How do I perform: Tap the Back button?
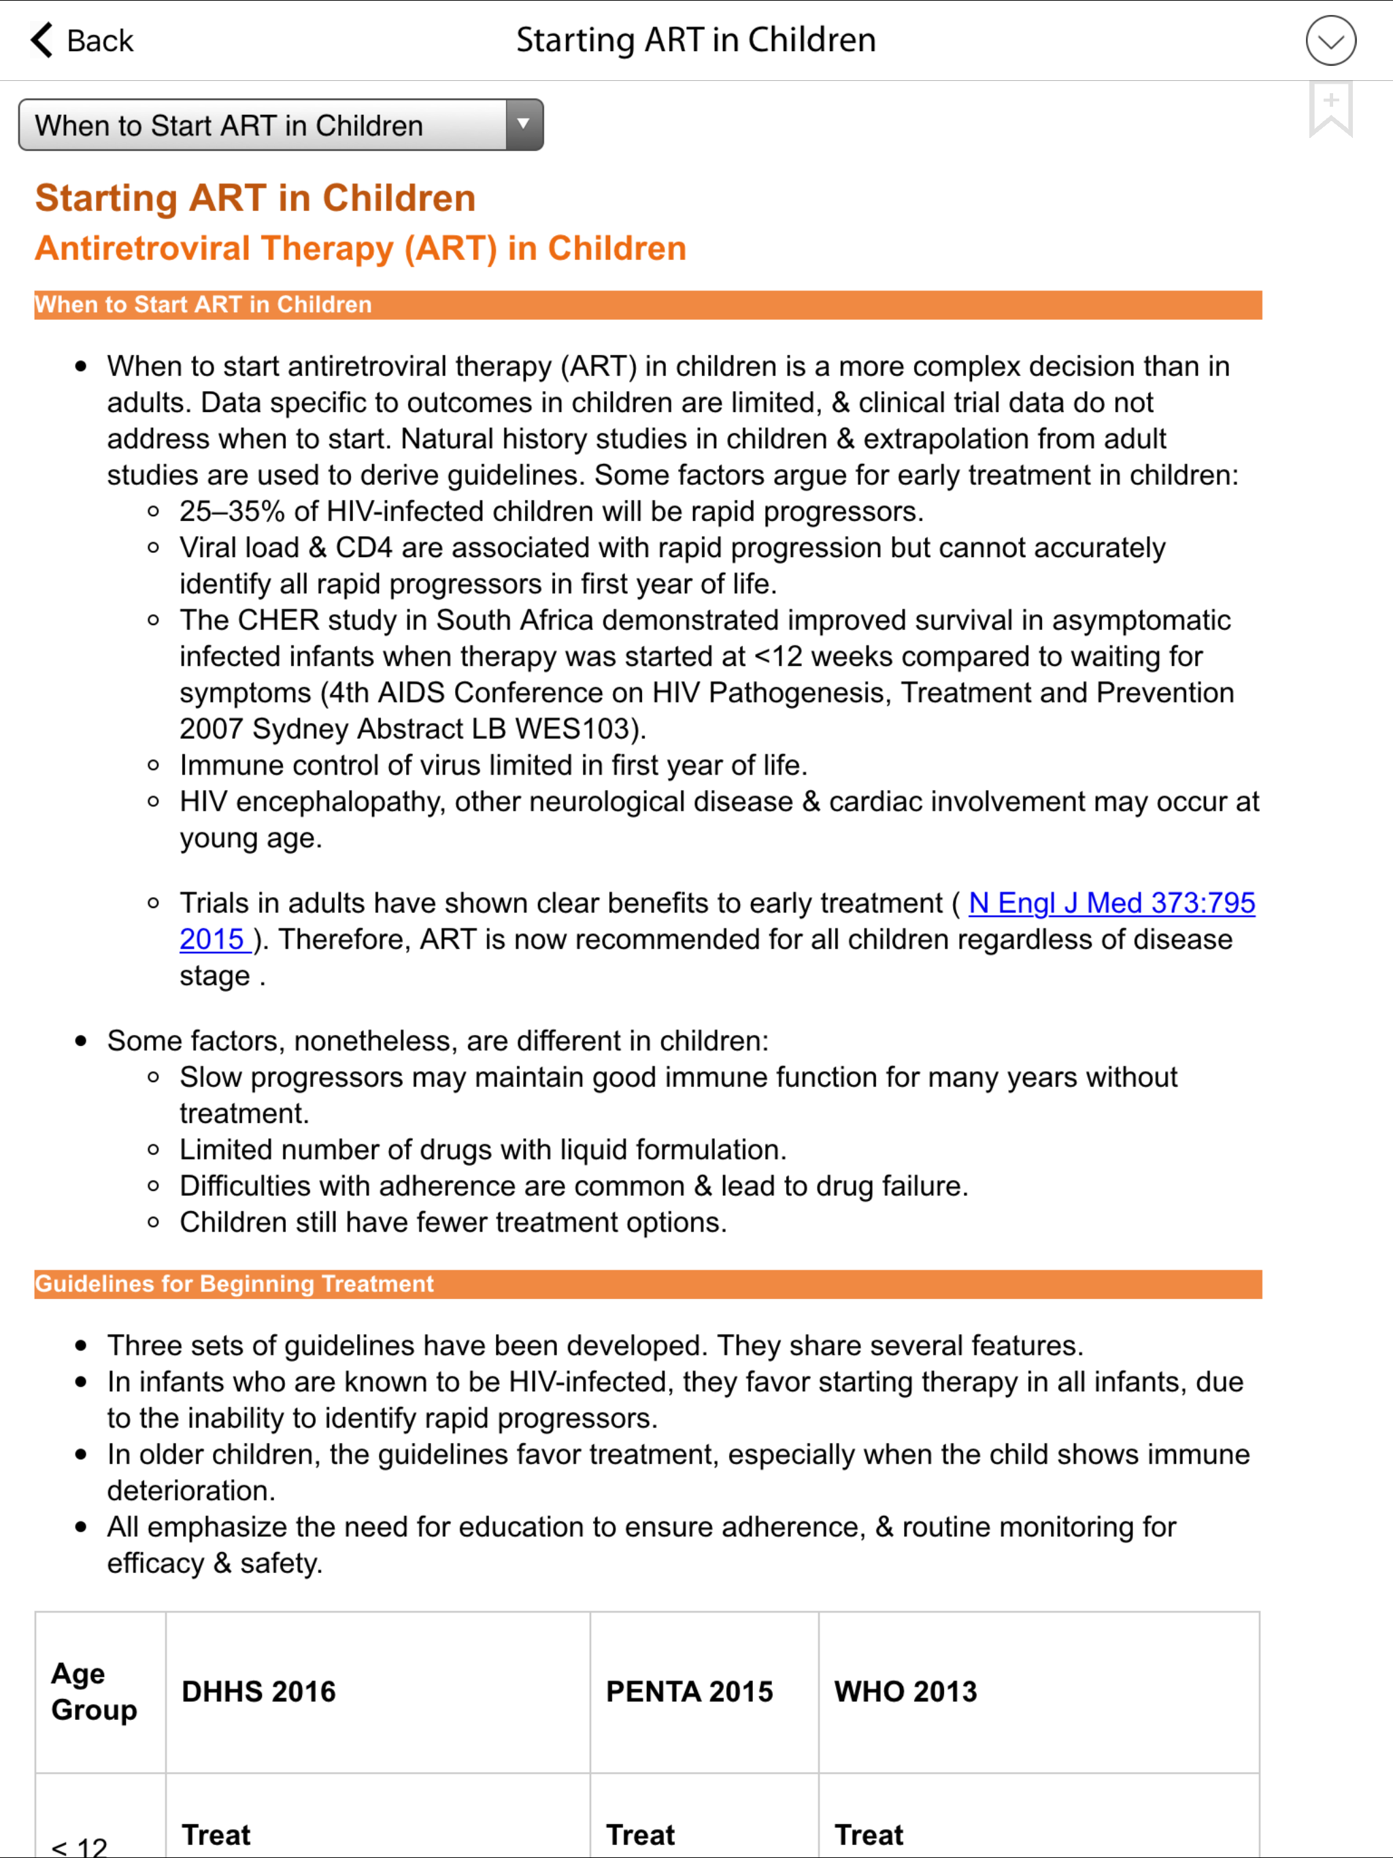(x=82, y=40)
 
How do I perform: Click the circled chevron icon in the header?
(x=1330, y=40)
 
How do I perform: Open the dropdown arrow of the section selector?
(x=524, y=125)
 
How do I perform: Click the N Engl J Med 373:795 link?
(x=1111, y=903)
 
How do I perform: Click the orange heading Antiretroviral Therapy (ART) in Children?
(x=360, y=249)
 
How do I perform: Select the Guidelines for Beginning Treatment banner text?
(x=235, y=1283)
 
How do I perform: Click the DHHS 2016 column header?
(x=258, y=1691)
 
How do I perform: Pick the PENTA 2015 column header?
(x=689, y=1691)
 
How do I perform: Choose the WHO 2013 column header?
(x=905, y=1691)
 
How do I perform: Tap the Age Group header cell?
(x=93, y=1691)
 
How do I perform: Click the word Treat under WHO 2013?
(x=869, y=1834)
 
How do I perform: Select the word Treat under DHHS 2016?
(x=216, y=1834)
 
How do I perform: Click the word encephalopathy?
(x=339, y=801)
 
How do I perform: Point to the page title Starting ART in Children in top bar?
(x=696, y=40)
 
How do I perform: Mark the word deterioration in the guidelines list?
(x=190, y=1490)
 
